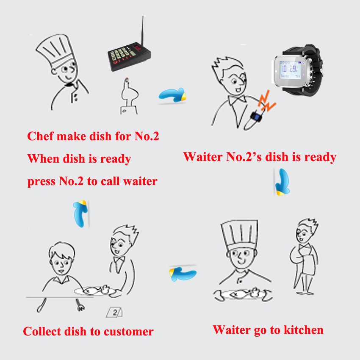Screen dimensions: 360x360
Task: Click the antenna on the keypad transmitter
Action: click(x=142, y=30)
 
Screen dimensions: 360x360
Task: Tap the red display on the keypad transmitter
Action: click(x=138, y=48)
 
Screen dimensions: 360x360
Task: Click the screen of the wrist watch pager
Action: click(x=290, y=70)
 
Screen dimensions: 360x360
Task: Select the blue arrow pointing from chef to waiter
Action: click(x=172, y=95)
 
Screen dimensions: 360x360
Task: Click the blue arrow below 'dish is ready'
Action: click(x=283, y=182)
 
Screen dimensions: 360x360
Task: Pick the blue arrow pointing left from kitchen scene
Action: click(x=183, y=274)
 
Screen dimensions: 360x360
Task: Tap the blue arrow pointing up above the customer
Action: click(x=80, y=213)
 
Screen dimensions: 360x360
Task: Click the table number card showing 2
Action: click(x=114, y=312)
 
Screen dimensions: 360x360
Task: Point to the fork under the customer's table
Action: click(x=80, y=305)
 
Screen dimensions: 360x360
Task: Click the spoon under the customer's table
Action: click(x=42, y=305)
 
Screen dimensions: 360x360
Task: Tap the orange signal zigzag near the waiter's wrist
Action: click(x=266, y=101)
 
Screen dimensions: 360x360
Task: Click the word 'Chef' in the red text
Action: click(x=40, y=136)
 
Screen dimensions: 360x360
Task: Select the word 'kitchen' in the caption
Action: click(x=304, y=330)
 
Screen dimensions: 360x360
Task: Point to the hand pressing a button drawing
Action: click(x=129, y=96)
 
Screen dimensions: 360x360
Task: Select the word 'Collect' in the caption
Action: click(x=42, y=332)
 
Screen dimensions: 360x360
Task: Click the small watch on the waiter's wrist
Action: click(x=255, y=116)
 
